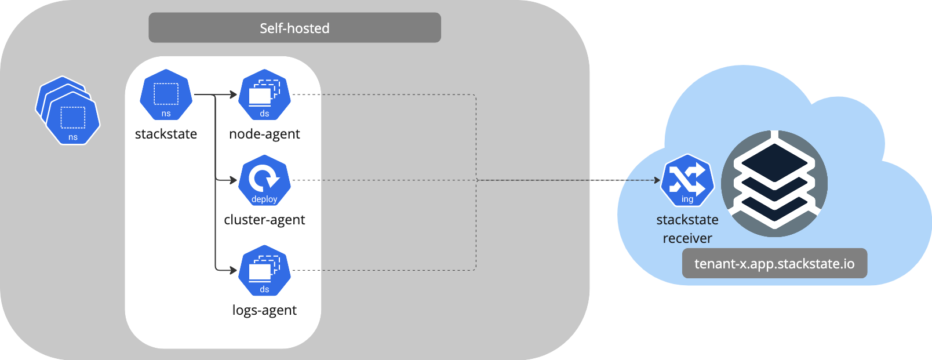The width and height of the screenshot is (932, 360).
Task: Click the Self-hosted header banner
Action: [294, 28]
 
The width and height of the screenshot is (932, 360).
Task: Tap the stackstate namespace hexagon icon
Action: [166, 94]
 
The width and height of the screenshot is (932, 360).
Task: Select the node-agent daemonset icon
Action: [264, 94]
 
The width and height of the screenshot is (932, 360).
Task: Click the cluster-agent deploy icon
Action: [264, 180]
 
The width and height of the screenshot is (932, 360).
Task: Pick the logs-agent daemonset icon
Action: [264, 270]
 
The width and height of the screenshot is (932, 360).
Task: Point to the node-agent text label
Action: [264, 134]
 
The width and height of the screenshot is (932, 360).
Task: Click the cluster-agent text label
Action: [264, 220]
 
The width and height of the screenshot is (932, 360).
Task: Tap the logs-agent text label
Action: [264, 310]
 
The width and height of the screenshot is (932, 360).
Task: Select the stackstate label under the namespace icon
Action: [166, 134]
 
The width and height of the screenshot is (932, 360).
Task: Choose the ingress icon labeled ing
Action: [687, 180]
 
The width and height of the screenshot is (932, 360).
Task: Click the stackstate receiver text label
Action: [687, 228]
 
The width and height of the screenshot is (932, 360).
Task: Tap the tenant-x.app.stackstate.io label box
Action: [774, 264]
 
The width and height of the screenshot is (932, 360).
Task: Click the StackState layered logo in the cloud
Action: [774, 183]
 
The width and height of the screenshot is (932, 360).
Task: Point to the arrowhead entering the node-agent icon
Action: [234, 94]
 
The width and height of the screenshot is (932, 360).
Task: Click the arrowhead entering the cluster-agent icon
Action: [234, 180]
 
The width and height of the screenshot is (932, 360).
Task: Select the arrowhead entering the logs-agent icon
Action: [234, 270]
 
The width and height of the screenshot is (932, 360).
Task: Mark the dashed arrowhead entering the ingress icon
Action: [657, 180]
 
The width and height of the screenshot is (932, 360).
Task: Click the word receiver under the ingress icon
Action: [687, 238]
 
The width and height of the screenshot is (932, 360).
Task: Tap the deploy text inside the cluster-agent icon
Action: [264, 199]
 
